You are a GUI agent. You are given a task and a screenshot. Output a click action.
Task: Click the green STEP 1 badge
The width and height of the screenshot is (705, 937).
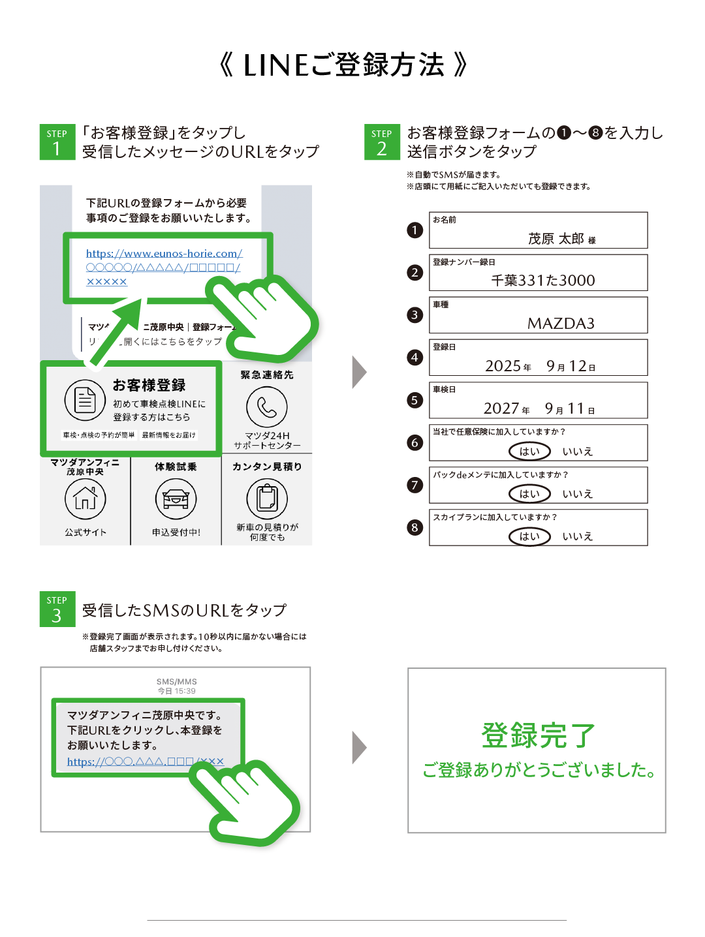[x=57, y=142]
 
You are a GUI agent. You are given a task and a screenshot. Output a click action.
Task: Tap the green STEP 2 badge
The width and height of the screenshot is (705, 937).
[x=382, y=142]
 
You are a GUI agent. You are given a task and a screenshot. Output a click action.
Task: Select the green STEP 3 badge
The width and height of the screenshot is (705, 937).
[x=57, y=609]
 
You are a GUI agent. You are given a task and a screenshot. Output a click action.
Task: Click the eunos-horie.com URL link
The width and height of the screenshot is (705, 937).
[x=164, y=268]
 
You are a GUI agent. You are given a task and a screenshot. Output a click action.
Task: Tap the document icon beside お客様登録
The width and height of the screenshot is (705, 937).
[x=85, y=401]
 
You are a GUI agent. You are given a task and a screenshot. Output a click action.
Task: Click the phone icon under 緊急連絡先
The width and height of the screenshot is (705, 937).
[x=267, y=407]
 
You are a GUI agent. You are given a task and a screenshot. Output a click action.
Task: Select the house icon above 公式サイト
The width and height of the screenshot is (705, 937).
[x=86, y=499]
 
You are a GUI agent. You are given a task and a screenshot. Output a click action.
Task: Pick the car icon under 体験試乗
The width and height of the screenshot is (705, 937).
[x=176, y=499]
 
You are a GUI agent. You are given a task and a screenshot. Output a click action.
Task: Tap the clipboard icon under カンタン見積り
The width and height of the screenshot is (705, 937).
[x=267, y=499]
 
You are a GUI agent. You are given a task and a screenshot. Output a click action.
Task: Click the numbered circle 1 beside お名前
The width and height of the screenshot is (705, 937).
[x=415, y=230]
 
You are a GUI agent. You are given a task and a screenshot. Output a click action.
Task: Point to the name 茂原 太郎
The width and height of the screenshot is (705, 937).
[x=556, y=238]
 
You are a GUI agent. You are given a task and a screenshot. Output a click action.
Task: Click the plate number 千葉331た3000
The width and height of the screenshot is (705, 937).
[x=542, y=281]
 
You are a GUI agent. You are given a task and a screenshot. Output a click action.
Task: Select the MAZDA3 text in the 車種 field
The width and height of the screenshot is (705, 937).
[x=561, y=323]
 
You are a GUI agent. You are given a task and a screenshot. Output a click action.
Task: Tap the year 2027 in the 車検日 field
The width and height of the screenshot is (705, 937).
[x=501, y=408]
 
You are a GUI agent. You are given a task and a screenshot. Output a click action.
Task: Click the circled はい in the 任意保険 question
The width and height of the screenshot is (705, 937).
[x=529, y=452]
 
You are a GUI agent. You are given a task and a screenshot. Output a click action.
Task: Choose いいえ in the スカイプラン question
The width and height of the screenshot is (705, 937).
[x=577, y=536]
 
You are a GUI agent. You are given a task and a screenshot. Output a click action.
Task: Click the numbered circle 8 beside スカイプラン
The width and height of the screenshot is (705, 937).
[x=415, y=528]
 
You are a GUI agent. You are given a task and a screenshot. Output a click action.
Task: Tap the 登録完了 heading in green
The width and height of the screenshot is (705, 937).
[x=538, y=735]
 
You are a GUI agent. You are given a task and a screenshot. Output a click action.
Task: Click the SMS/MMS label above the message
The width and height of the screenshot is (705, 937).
[x=176, y=681]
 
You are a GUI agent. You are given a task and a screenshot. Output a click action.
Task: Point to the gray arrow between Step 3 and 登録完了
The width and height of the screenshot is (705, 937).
[x=359, y=748]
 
